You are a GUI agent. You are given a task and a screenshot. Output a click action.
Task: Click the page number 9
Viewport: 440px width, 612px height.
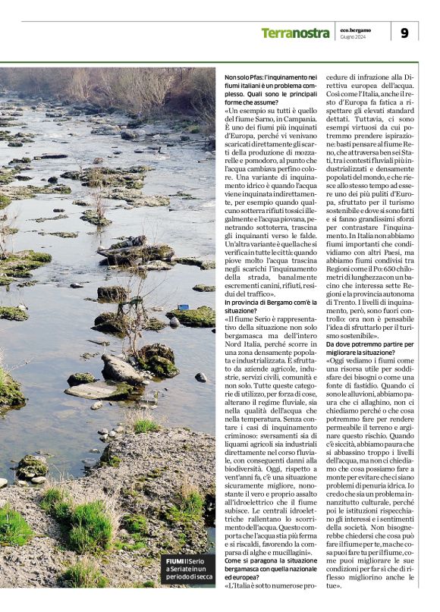[x=404, y=33]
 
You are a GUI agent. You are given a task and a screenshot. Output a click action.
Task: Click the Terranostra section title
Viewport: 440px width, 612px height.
[x=295, y=33]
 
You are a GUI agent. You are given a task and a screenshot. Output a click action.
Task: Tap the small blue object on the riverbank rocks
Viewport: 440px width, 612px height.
[x=183, y=306]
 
